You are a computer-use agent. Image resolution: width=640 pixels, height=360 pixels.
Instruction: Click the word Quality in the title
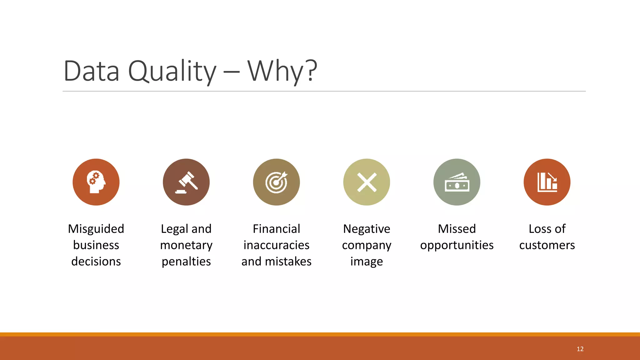point(172,71)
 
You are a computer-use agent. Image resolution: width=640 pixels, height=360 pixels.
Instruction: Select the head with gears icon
point(96,182)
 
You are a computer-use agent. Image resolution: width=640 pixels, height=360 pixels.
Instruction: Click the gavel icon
point(187,182)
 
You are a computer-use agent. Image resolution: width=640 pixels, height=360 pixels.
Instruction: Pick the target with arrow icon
point(277,182)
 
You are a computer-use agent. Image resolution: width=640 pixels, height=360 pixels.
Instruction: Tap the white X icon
point(367,182)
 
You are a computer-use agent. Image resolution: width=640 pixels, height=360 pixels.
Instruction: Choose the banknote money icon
point(457,182)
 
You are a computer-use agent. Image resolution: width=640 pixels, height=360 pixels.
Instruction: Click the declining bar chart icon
point(547,182)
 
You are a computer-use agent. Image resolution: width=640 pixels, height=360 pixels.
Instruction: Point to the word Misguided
point(96,229)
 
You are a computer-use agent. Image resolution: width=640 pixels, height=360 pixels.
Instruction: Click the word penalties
point(186,262)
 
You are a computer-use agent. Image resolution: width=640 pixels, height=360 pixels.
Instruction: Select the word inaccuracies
point(276,245)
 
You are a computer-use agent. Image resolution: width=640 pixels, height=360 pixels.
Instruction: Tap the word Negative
point(367,229)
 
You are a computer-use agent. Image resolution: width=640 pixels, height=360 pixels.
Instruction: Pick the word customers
point(547,245)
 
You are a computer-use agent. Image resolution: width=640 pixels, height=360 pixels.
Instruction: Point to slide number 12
point(580,349)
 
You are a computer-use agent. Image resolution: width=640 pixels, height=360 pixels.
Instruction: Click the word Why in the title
point(275,71)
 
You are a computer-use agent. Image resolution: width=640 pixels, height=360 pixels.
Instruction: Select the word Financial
point(276,229)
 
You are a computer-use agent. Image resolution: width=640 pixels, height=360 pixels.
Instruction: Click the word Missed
point(457,229)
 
